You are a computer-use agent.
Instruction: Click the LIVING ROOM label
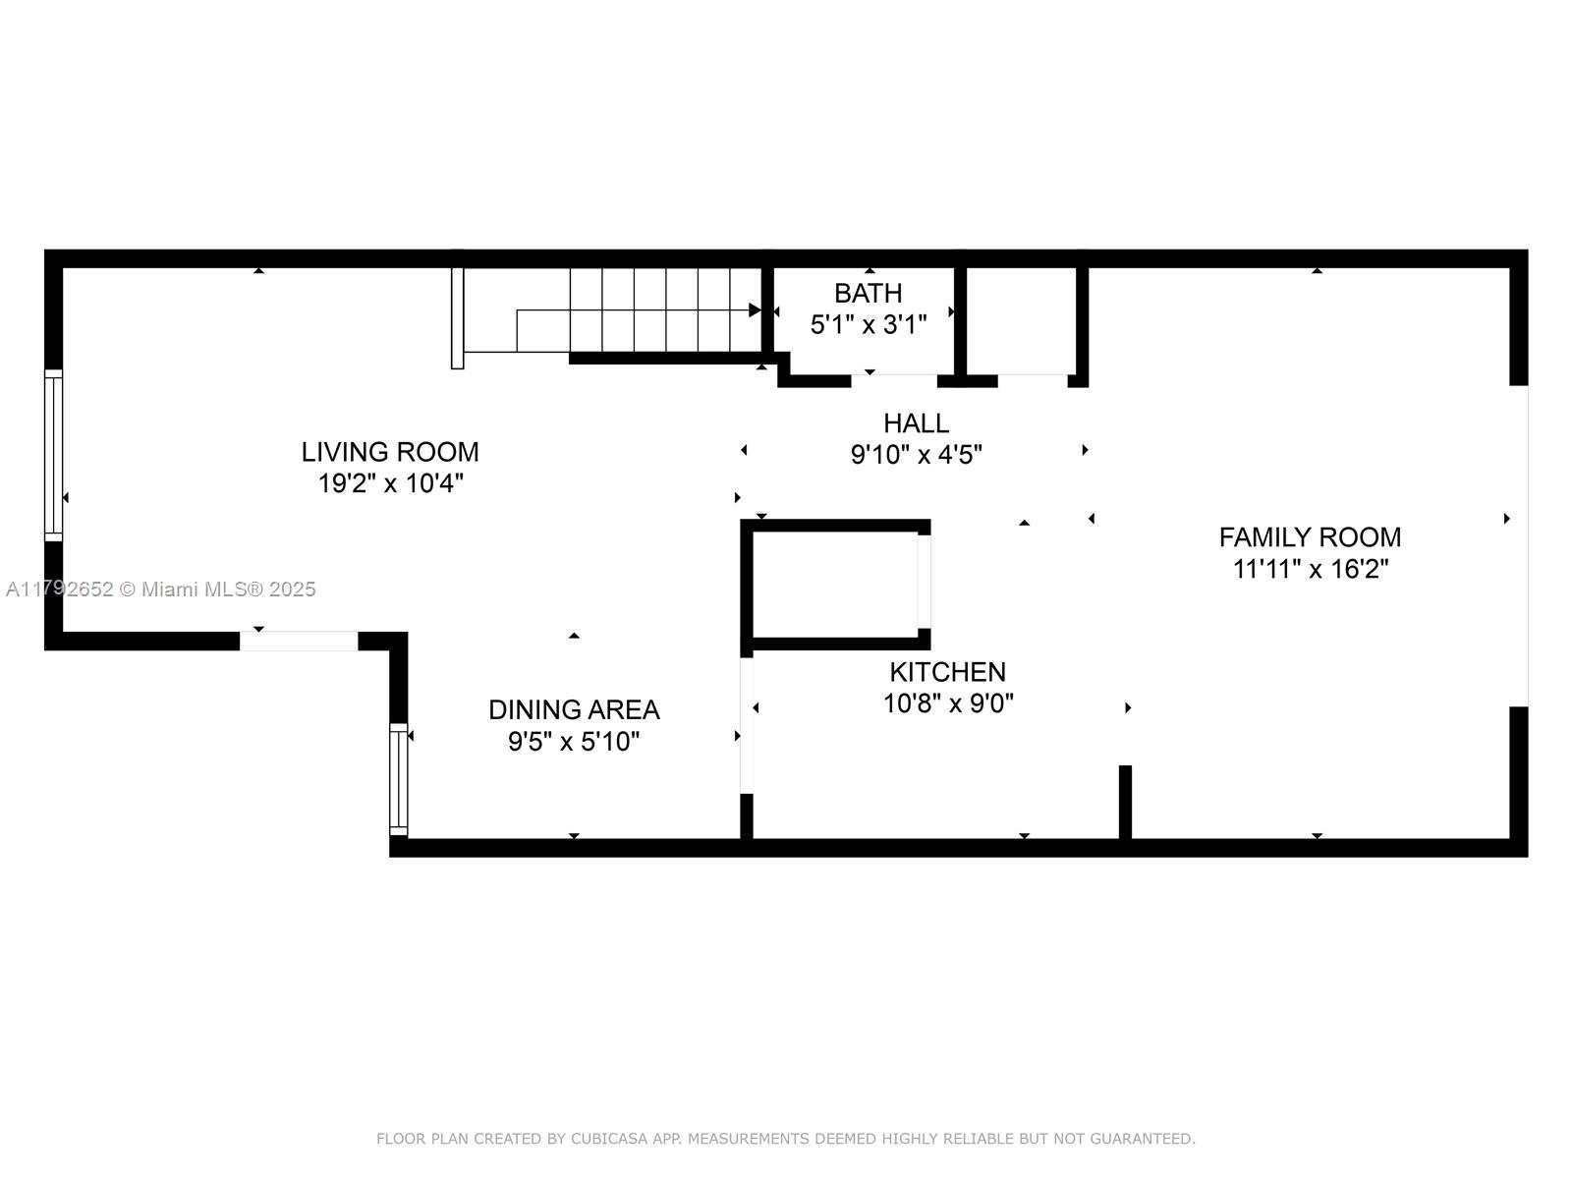pyautogui.click(x=390, y=452)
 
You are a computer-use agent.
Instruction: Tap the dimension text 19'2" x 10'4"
pyautogui.click(x=390, y=483)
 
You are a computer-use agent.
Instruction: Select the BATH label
pyautogui.click(x=868, y=293)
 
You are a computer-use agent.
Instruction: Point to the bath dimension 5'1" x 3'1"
pyautogui.click(x=868, y=325)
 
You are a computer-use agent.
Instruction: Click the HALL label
pyautogui.click(x=916, y=423)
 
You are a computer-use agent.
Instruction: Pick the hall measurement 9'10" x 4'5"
pyautogui.click(x=916, y=455)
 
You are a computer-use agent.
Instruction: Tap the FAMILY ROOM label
pyautogui.click(x=1310, y=536)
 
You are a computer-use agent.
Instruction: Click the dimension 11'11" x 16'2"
pyautogui.click(x=1310, y=569)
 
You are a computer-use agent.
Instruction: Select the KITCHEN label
pyautogui.click(x=947, y=672)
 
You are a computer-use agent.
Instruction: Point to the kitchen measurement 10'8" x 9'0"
pyautogui.click(x=947, y=703)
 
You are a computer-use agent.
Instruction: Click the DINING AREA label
pyautogui.click(x=574, y=709)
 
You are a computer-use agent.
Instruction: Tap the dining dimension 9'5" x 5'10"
pyautogui.click(x=574, y=742)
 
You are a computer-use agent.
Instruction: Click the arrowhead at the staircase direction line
pyautogui.click(x=755, y=309)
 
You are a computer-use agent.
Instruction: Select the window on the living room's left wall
pyautogui.click(x=54, y=455)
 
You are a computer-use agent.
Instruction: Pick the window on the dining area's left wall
pyautogui.click(x=399, y=779)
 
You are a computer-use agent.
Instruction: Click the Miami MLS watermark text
pyautogui.click(x=160, y=589)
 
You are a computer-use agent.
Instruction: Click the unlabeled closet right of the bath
pyautogui.click(x=1021, y=320)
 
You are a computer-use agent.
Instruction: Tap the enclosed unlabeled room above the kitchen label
pyautogui.click(x=835, y=585)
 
